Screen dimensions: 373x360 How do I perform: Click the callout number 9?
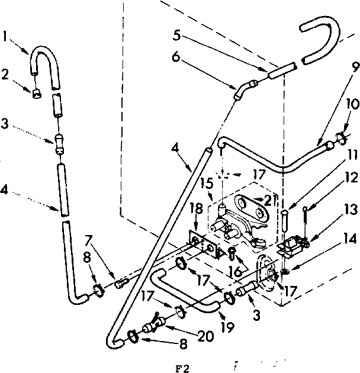point(337,67)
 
